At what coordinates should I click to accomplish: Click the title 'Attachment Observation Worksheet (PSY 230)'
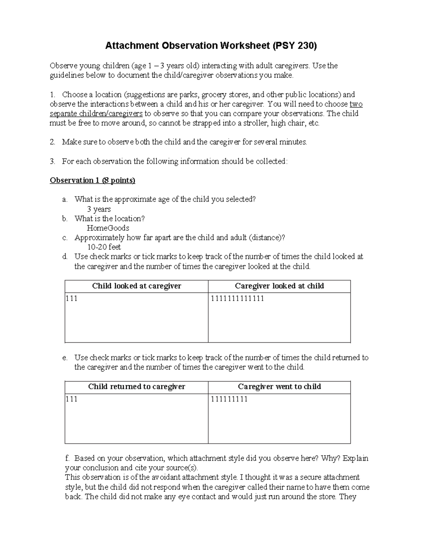[x=211, y=46]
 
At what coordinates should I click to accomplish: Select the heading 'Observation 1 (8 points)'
[x=92, y=180]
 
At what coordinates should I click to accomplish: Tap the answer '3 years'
[x=99, y=209]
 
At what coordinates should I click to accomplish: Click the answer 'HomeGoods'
[x=108, y=228]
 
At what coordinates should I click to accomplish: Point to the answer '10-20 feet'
[x=104, y=247]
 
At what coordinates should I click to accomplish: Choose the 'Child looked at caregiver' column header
[x=136, y=286]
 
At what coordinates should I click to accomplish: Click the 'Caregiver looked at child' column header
[x=279, y=286]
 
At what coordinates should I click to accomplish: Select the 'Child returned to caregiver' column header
[x=136, y=386]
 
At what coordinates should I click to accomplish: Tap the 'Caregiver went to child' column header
[x=279, y=386]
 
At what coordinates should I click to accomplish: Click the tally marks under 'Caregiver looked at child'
[x=237, y=299]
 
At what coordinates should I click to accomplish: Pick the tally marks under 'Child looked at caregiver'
[x=72, y=299]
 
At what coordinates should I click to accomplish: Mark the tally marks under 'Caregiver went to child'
[x=229, y=399]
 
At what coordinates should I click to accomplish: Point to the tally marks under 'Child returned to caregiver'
[x=72, y=399]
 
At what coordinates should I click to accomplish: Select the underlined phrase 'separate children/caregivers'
[x=96, y=114]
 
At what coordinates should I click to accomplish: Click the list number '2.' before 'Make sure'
[x=53, y=142]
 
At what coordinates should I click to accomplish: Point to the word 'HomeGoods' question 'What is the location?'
[x=108, y=228]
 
